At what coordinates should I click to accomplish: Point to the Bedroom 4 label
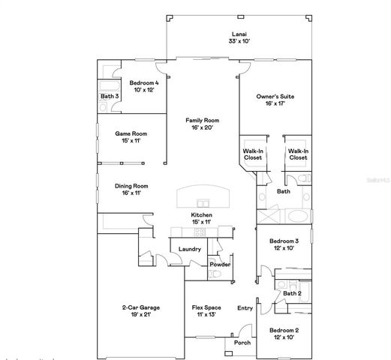click(143, 82)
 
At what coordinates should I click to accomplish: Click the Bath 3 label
click(110, 96)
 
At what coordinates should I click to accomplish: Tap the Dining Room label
click(131, 186)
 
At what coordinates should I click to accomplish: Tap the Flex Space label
click(206, 307)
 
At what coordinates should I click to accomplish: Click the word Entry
click(245, 307)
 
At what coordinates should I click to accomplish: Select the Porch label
click(242, 342)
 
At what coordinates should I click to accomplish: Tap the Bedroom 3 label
click(284, 241)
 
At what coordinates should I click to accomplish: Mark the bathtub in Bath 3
click(110, 73)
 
